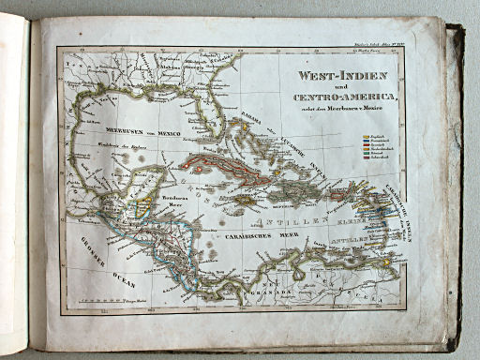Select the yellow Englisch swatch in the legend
(x=367, y=137)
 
